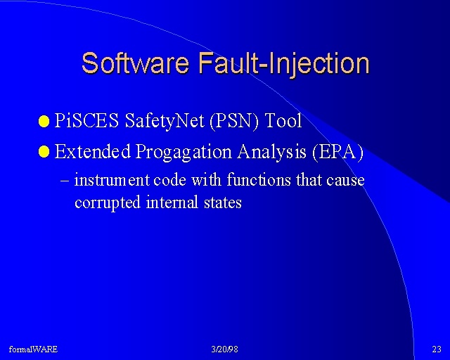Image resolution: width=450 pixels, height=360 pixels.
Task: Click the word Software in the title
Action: click(135, 63)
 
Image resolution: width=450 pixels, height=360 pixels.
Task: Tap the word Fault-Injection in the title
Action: click(284, 64)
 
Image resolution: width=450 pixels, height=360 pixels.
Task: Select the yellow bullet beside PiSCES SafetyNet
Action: click(44, 121)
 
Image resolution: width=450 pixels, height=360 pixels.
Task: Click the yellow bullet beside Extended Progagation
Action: click(44, 152)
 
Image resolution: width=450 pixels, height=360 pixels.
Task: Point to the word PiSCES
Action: click(86, 120)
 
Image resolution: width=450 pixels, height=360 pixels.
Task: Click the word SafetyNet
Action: click(165, 121)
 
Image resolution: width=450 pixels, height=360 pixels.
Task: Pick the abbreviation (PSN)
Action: click(234, 121)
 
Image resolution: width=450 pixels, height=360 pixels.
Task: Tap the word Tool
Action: click(283, 120)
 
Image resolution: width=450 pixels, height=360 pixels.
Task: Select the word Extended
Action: click(92, 151)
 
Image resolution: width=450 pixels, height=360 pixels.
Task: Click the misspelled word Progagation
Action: click(184, 152)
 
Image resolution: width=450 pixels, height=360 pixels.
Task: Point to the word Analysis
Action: click(271, 152)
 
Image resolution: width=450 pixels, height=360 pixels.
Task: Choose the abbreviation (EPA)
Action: click(337, 152)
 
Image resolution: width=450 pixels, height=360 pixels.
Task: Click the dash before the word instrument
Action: click(65, 181)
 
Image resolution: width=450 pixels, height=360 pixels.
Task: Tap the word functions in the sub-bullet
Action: click(259, 180)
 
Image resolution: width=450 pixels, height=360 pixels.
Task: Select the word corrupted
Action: click(108, 202)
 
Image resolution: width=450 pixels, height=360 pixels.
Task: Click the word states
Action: click(223, 202)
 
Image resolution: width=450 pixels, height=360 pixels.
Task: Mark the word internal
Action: click(172, 202)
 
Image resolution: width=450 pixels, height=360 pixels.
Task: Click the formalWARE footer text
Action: click(33, 349)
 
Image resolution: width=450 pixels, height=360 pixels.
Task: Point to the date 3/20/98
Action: click(225, 349)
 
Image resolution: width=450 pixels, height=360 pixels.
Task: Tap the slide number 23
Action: click(437, 349)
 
